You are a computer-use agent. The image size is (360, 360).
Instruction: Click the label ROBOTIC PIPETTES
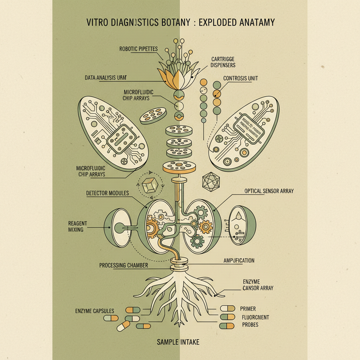point(138,49)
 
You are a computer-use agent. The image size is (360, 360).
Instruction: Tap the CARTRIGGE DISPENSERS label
point(223,62)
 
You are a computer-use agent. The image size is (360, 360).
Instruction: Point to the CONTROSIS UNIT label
point(240,78)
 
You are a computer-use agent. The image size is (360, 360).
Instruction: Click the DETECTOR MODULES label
point(107,193)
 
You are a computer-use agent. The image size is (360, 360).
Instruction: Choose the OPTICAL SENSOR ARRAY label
point(269,191)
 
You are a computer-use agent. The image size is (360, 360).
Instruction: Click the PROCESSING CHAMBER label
point(123,265)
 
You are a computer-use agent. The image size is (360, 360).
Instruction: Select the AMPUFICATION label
point(239,261)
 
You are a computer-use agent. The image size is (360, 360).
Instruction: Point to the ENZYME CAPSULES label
point(95,311)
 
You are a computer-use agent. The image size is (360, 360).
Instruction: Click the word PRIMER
point(248,309)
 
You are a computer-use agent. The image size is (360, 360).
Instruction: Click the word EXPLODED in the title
point(217,22)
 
